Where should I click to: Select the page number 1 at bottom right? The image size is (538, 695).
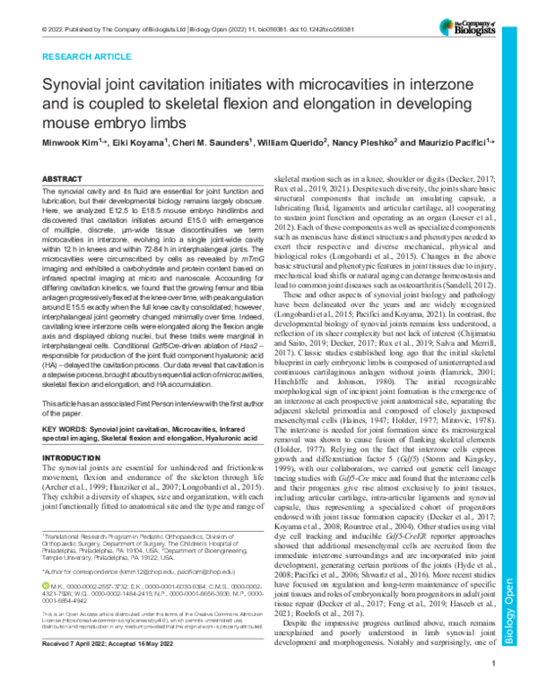click(x=494, y=687)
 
